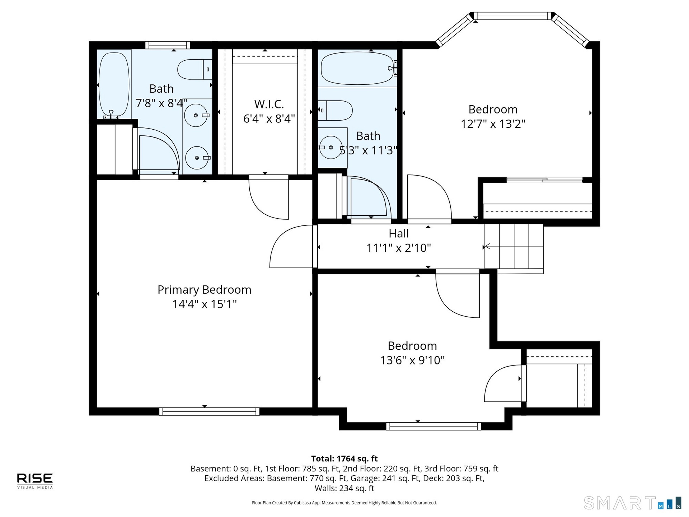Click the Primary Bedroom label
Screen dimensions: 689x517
tap(204, 290)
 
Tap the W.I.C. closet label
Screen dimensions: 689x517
tap(269, 104)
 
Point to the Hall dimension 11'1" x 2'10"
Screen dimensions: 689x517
tap(398, 248)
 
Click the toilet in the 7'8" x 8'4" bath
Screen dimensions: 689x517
tap(195, 69)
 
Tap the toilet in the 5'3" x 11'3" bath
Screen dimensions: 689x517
tap(335, 110)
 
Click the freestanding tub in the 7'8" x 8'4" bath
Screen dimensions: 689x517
tap(114, 85)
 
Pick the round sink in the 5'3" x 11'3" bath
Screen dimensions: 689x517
tap(331, 147)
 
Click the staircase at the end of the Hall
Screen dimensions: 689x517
tap(514, 247)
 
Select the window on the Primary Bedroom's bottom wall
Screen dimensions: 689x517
tap(209, 411)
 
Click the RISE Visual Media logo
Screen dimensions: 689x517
tap(35, 481)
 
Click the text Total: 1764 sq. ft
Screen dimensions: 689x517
tap(344, 458)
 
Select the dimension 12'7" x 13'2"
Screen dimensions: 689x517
tap(493, 124)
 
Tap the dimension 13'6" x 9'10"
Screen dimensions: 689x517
tap(412, 360)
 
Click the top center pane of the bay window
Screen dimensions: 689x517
tap(512, 16)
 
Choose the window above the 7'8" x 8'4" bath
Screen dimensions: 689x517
tap(168, 45)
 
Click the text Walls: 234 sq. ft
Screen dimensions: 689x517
tap(344, 488)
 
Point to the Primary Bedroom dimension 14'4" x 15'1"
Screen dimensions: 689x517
tap(204, 304)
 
